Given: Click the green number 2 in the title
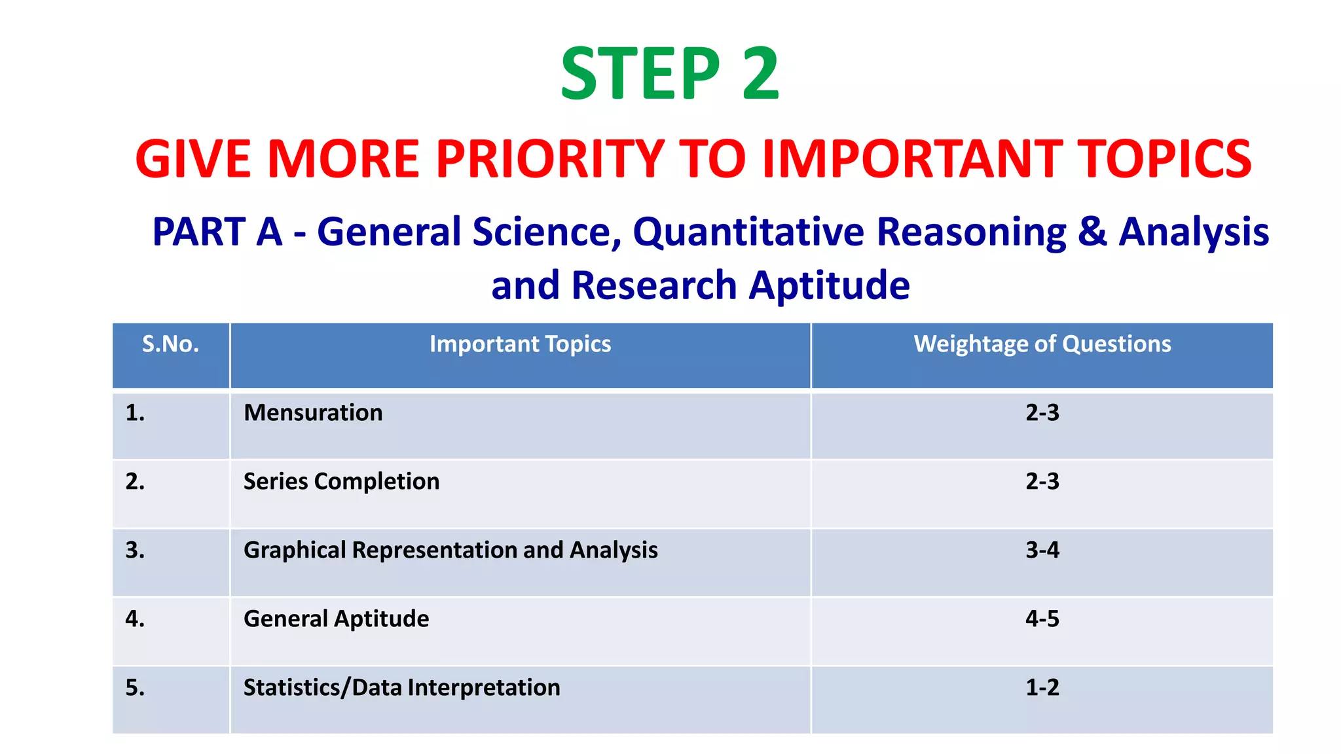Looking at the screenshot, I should (x=760, y=74).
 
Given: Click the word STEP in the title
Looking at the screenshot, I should (x=640, y=74).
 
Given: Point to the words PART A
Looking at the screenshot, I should (x=217, y=232).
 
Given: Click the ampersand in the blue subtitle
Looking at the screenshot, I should (x=1092, y=232).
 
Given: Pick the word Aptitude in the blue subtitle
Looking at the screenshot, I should (x=829, y=285).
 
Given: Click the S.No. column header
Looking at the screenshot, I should (x=170, y=344).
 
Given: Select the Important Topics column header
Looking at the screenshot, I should (x=520, y=344).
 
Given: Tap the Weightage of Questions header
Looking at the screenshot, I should (x=1042, y=344).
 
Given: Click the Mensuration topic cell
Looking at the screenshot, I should (x=313, y=413).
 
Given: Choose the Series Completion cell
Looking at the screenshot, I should (x=341, y=482).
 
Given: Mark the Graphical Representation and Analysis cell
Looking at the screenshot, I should (x=450, y=550).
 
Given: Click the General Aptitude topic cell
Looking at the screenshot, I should (x=336, y=619).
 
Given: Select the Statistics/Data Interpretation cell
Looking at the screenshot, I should (x=401, y=688).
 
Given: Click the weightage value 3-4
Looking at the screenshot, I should (x=1042, y=550).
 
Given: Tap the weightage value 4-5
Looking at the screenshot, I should (x=1042, y=619).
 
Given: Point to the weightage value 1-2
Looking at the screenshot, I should (x=1042, y=688).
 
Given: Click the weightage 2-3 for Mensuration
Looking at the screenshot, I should (x=1042, y=413).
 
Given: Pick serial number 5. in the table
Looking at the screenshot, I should (x=135, y=688).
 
